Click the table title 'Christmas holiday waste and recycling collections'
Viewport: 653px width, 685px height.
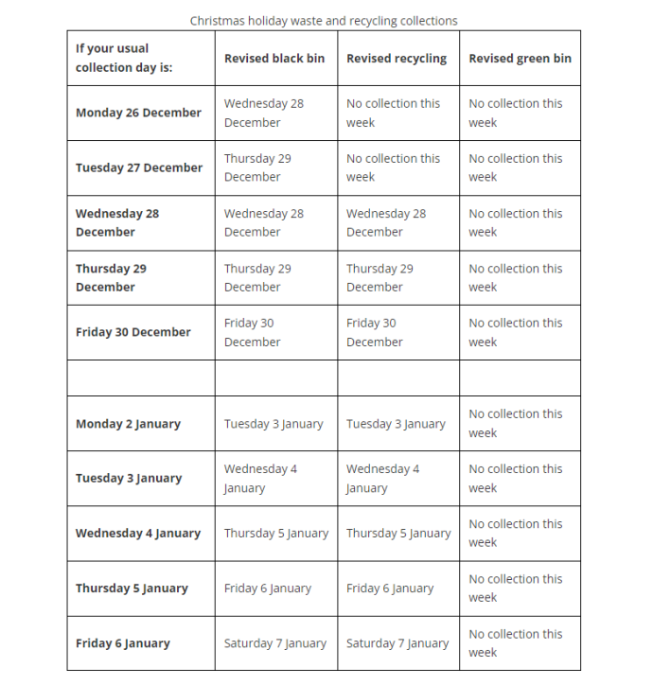tap(324, 20)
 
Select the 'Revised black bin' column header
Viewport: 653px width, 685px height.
tap(274, 59)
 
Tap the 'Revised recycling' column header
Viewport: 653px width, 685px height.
tap(397, 59)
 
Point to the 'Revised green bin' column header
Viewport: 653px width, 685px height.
tap(520, 59)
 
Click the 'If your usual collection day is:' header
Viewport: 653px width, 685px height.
tap(125, 58)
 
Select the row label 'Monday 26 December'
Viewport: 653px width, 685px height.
tap(138, 113)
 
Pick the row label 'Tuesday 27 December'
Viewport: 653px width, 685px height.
tap(139, 167)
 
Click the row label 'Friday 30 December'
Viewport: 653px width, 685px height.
tap(133, 332)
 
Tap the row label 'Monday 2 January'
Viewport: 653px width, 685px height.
tap(128, 424)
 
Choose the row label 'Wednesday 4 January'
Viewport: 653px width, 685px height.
tap(138, 533)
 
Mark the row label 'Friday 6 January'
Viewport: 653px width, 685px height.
tap(123, 643)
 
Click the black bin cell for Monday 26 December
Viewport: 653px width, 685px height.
tap(264, 113)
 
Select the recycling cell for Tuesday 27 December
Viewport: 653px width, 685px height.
tap(393, 167)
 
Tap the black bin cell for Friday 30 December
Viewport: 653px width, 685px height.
tap(253, 332)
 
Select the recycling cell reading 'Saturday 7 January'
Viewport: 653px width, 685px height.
tap(397, 643)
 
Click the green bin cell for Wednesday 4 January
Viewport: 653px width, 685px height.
tap(515, 533)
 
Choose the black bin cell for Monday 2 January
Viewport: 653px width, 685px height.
tap(274, 424)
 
